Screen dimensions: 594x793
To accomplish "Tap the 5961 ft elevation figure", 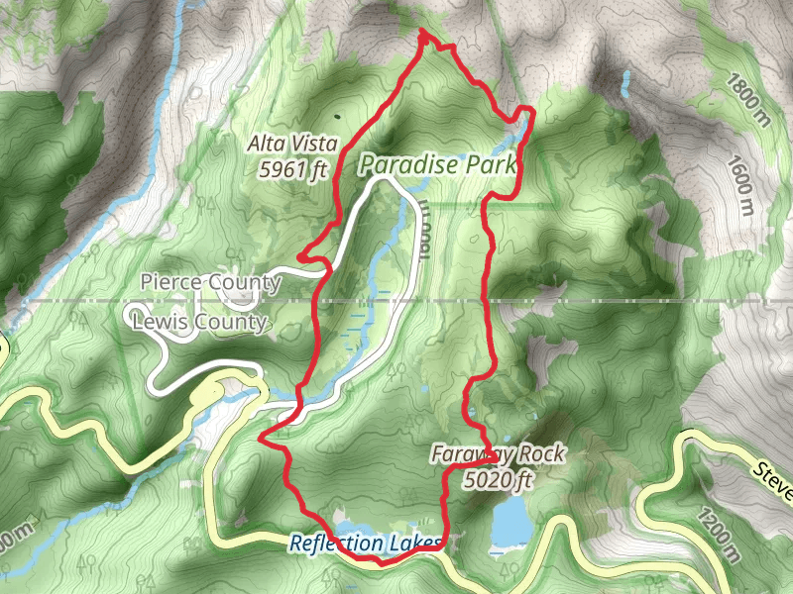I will [292, 169].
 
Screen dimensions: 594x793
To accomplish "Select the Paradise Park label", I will [438, 164].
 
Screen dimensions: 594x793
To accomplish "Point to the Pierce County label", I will [211, 283].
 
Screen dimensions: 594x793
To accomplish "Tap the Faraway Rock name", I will [498, 454].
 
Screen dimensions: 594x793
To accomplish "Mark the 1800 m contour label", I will [744, 99].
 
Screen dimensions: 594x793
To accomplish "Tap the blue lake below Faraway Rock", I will [510, 520].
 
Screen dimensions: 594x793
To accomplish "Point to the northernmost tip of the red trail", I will [424, 35].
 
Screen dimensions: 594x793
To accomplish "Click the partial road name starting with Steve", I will [772, 481].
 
